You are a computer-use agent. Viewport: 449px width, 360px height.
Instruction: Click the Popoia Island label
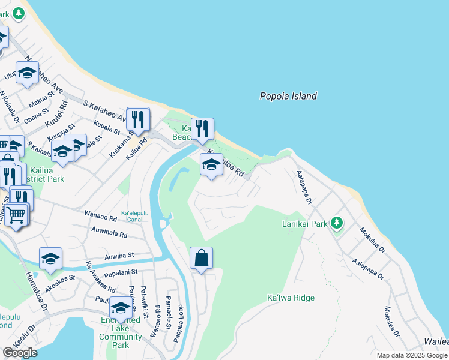coord(288,96)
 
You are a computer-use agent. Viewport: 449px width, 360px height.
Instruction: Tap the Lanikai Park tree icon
coord(337,223)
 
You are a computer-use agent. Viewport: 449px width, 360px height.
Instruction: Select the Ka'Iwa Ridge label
coord(291,298)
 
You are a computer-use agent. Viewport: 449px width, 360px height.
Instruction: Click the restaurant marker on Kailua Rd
coord(139,119)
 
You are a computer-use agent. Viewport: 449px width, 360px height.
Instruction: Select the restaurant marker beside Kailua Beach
coord(203,128)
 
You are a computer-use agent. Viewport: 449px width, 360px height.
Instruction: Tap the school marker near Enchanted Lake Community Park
coord(121,308)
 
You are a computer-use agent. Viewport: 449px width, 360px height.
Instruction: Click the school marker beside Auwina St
coord(51,259)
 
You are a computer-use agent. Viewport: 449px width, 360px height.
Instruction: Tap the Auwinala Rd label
coord(109,232)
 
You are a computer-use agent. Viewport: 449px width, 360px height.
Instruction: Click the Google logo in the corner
coord(20,353)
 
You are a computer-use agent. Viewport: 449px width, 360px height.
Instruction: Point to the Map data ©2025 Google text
coord(411,355)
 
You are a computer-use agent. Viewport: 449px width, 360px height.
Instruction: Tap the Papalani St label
coord(118,272)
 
